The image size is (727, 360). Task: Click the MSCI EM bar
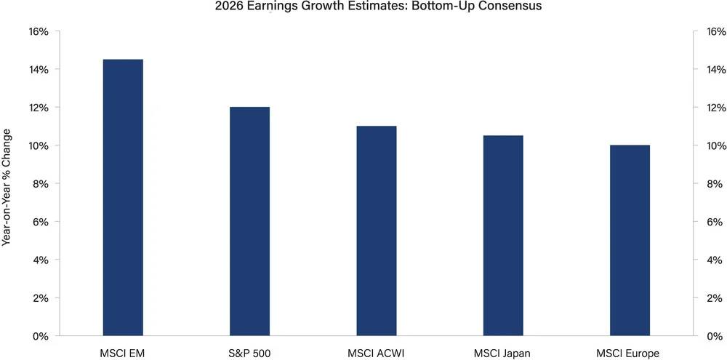(123, 197)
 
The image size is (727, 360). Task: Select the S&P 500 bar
(249, 221)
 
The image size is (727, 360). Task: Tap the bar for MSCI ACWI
(376, 231)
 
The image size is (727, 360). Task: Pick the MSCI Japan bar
(502, 236)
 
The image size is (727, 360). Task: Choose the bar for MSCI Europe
(630, 240)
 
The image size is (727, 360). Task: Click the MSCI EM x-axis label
(123, 353)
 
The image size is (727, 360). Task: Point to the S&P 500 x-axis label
(249, 353)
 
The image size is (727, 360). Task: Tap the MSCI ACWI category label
(376, 353)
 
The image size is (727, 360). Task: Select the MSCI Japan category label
(502, 353)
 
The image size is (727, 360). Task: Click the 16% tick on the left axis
(38, 32)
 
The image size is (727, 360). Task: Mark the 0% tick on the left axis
(41, 336)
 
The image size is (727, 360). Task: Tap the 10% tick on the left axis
(38, 146)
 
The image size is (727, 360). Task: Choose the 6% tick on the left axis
(41, 222)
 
